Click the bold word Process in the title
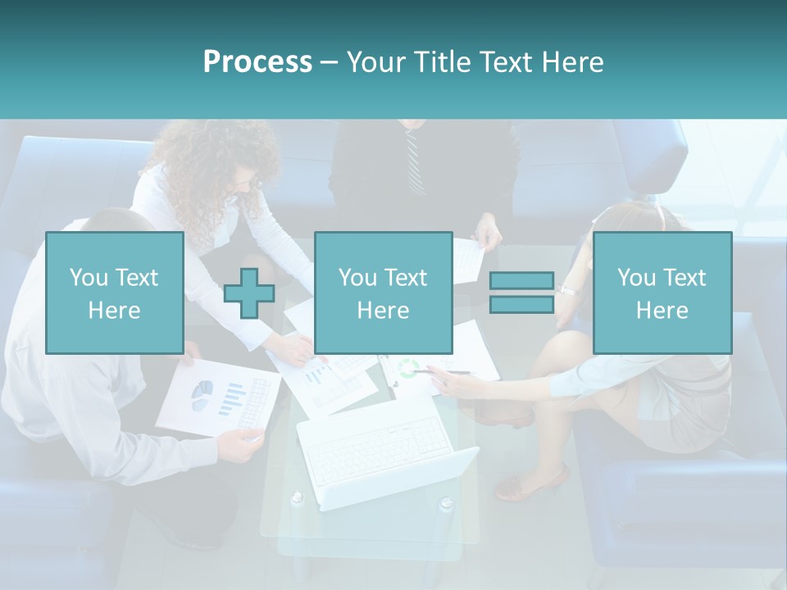coord(257,62)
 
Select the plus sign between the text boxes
coord(249,293)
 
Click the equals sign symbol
coord(521,293)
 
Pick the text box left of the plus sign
coord(114,293)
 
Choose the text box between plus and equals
coord(383,293)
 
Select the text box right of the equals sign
coord(662,293)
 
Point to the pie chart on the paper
coord(202,395)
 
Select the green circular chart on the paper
coord(407,368)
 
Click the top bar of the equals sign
coord(521,280)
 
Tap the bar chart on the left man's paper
coord(233,397)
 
